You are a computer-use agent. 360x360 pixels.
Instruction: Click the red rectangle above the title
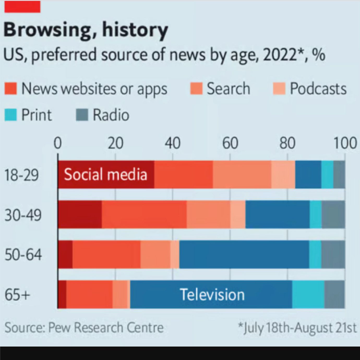coord(22,7)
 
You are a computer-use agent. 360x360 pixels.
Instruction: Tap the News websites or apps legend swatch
coord(11,89)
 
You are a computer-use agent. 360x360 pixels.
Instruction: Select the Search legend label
coord(228,89)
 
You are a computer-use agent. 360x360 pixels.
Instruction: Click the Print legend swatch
coord(11,115)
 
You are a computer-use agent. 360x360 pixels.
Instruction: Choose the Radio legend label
coord(111,115)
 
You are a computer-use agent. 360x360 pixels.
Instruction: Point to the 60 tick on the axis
coord(230,143)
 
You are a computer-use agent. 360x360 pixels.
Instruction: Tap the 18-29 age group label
coord(22,175)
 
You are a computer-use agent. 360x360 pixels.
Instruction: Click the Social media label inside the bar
coord(106,174)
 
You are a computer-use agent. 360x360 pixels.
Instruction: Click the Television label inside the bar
coord(212,295)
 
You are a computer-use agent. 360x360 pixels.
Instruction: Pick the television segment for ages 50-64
coord(244,255)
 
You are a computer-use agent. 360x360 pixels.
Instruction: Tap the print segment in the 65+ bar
coord(308,295)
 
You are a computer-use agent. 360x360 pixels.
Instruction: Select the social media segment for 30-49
coord(80,215)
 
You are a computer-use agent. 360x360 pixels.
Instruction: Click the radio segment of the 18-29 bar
coord(339,174)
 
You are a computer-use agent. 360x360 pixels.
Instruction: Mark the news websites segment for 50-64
coord(106,255)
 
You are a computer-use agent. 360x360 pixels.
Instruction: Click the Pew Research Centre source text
coord(84,328)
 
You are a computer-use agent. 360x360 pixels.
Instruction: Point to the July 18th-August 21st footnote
coord(297,328)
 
